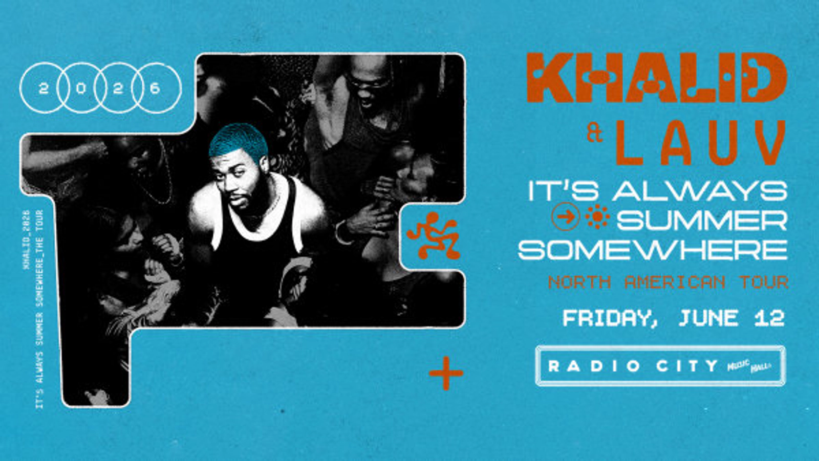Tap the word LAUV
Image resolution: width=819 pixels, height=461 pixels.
[x=700, y=143]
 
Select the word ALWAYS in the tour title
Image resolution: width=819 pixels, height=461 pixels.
[x=699, y=191]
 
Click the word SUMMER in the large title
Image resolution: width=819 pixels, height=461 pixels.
[x=701, y=221]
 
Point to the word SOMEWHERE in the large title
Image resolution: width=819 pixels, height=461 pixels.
[x=652, y=250]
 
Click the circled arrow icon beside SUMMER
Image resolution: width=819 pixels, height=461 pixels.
[x=565, y=217]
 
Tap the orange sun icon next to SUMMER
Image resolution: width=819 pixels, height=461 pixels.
[x=597, y=216]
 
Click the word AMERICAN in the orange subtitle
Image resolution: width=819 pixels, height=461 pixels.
[x=675, y=282]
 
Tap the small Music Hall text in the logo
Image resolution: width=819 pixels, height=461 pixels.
[x=749, y=365]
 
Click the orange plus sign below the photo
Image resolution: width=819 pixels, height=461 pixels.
[x=446, y=373]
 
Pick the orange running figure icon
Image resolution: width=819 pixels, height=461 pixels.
[x=434, y=235]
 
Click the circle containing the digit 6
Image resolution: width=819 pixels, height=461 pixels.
[x=156, y=88]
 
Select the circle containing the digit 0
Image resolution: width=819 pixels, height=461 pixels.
[x=81, y=88]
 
